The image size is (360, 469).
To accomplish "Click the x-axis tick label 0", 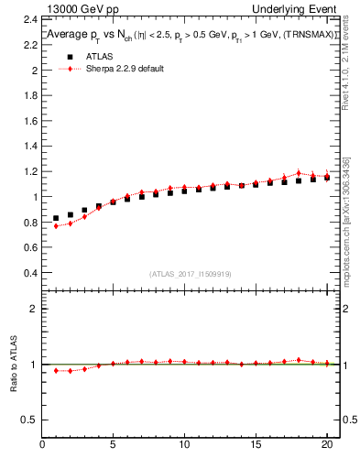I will click(x=42, y=447).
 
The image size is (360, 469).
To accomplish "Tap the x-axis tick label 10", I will click(x=183, y=447).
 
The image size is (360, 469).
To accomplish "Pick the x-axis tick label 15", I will click(x=255, y=447).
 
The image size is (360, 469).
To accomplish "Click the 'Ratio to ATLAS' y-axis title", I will click(x=13, y=365).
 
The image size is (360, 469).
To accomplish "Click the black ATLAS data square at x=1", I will click(x=56, y=219).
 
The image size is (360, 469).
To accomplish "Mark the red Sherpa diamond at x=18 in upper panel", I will click(x=298, y=173).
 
